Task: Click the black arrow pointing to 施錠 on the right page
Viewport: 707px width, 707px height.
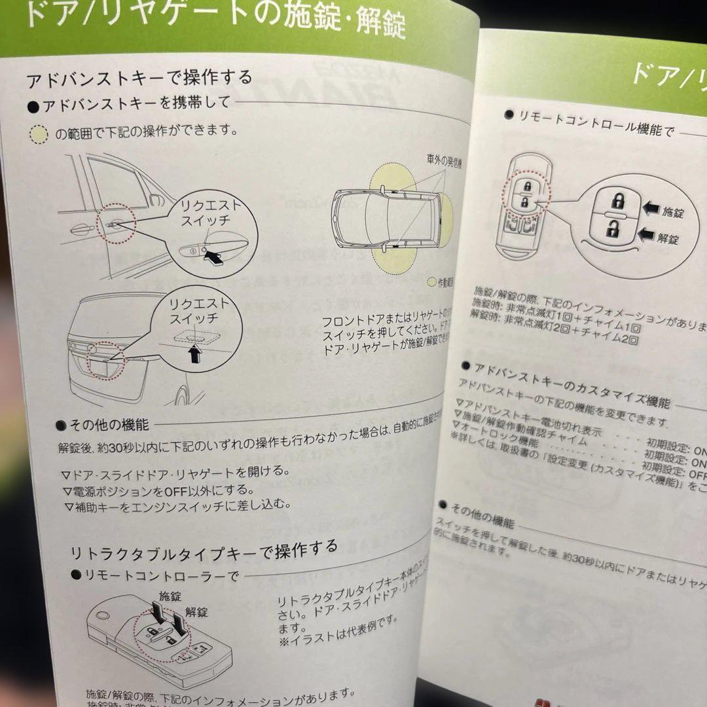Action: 651,209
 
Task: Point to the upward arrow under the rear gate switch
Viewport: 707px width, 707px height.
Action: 194,354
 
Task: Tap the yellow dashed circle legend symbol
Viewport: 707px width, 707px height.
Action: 40,135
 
